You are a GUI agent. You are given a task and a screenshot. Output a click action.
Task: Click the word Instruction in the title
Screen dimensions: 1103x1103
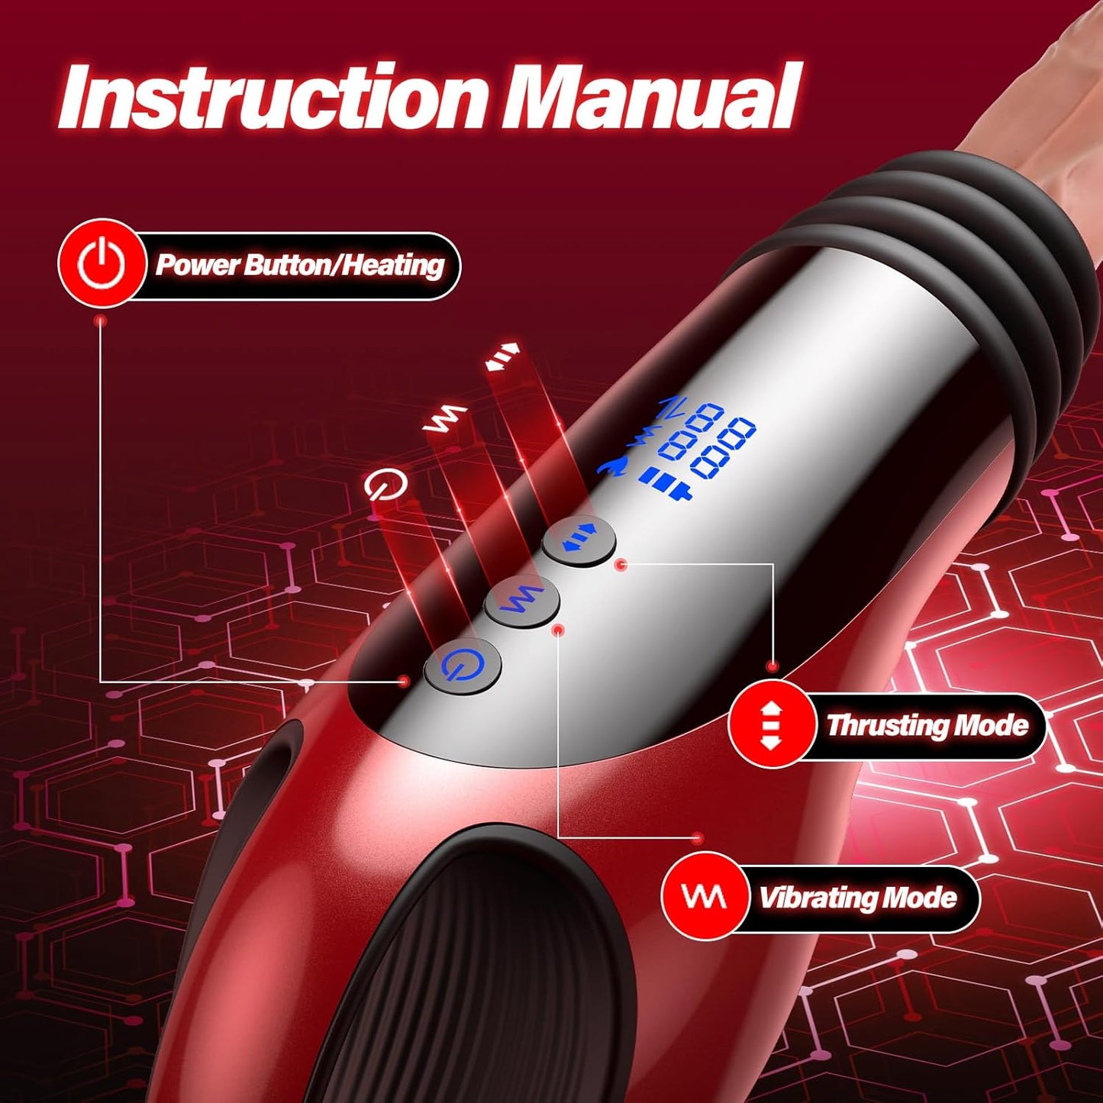pyautogui.click(x=271, y=99)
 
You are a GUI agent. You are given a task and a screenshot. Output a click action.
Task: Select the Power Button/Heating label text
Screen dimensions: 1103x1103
pyautogui.click(x=299, y=266)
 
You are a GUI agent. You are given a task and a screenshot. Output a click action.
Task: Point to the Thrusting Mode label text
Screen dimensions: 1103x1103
pyautogui.click(x=927, y=725)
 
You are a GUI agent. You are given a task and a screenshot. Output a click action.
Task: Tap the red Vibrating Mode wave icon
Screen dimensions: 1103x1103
pyautogui.click(x=704, y=897)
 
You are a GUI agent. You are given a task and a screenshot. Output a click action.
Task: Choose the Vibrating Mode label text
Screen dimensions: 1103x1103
pyautogui.click(x=857, y=898)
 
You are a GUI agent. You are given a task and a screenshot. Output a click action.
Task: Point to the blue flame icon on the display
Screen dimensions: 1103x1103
pyautogui.click(x=613, y=466)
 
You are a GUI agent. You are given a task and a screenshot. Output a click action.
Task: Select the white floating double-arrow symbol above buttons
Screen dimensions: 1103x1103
pyautogui.click(x=503, y=356)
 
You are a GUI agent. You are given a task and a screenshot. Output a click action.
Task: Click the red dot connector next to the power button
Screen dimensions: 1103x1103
pyautogui.click(x=405, y=680)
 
